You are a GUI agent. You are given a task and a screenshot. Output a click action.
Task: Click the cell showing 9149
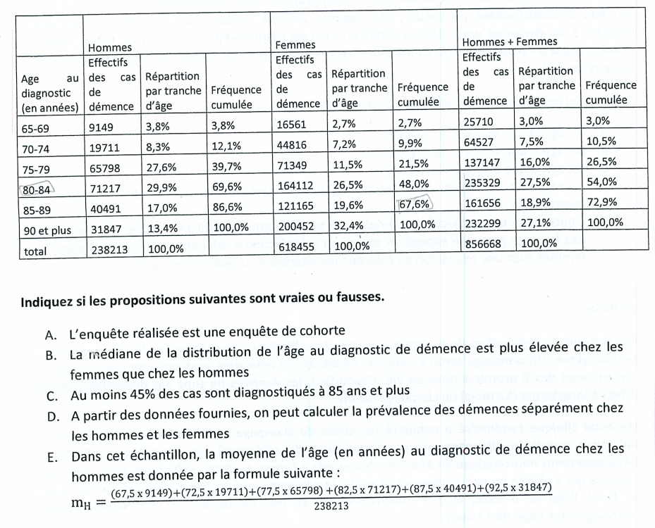tap(100, 128)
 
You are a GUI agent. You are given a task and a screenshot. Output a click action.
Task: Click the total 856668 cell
tap(482, 244)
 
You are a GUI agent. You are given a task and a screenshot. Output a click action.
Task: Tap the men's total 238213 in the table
tap(104, 249)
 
